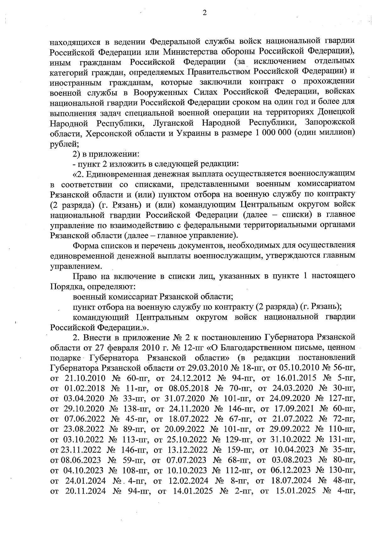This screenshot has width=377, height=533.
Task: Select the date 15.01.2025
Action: [295, 491]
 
